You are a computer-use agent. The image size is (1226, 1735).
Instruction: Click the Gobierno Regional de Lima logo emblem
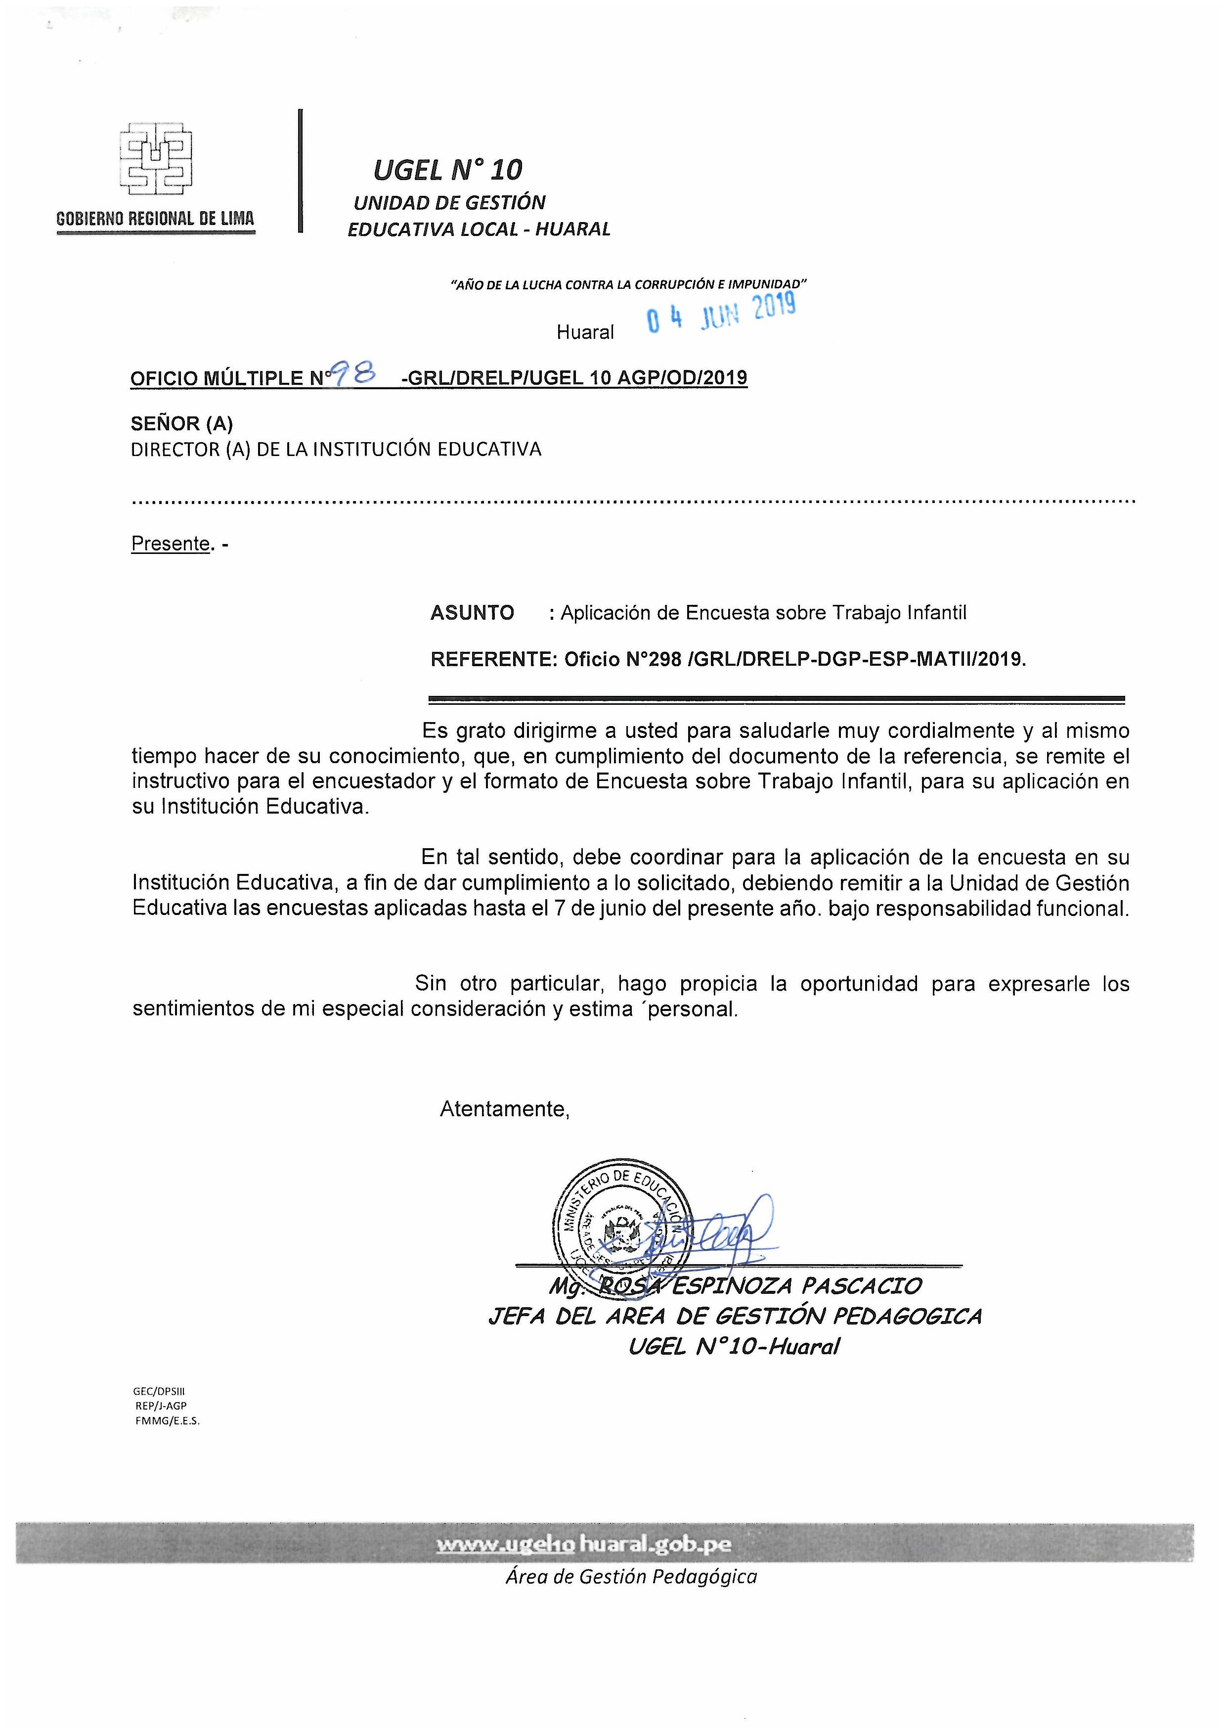[x=156, y=156]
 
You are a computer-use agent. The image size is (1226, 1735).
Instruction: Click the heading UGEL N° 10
[x=447, y=171]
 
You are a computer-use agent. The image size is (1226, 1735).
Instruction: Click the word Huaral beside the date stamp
[x=585, y=332]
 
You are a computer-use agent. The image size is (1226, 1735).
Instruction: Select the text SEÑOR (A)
[x=182, y=424]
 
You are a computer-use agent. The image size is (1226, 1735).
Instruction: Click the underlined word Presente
[x=170, y=544]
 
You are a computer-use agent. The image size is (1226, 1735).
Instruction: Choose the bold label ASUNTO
[x=472, y=613]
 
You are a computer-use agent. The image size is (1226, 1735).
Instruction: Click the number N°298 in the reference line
[x=654, y=660]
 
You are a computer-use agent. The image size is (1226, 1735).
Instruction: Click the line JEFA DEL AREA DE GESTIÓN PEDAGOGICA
[x=734, y=1317]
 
